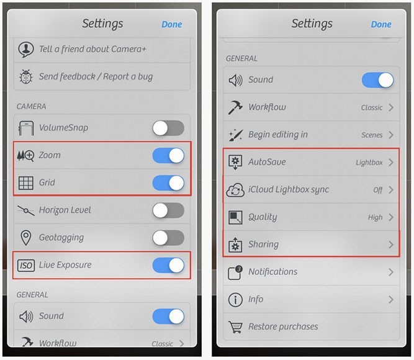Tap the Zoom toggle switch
click(x=168, y=155)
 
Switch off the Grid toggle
click(x=168, y=182)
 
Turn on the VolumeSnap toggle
click(x=168, y=128)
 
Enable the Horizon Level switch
click(x=168, y=210)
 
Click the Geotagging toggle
click(x=168, y=238)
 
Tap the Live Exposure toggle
click(x=168, y=265)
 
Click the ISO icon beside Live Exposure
click(x=26, y=266)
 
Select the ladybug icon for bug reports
click(x=26, y=77)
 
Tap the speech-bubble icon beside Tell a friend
click(x=26, y=50)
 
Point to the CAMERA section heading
click(x=31, y=106)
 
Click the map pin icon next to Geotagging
click(x=26, y=238)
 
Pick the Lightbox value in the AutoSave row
click(x=369, y=163)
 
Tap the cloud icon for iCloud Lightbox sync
click(x=235, y=190)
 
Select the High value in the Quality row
click(x=375, y=217)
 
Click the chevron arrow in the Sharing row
click(x=391, y=245)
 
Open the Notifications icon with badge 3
click(x=235, y=272)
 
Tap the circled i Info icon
click(x=235, y=300)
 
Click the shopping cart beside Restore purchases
click(x=235, y=327)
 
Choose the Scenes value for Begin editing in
click(x=372, y=135)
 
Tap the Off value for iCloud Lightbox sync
click(x=378, y=190)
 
